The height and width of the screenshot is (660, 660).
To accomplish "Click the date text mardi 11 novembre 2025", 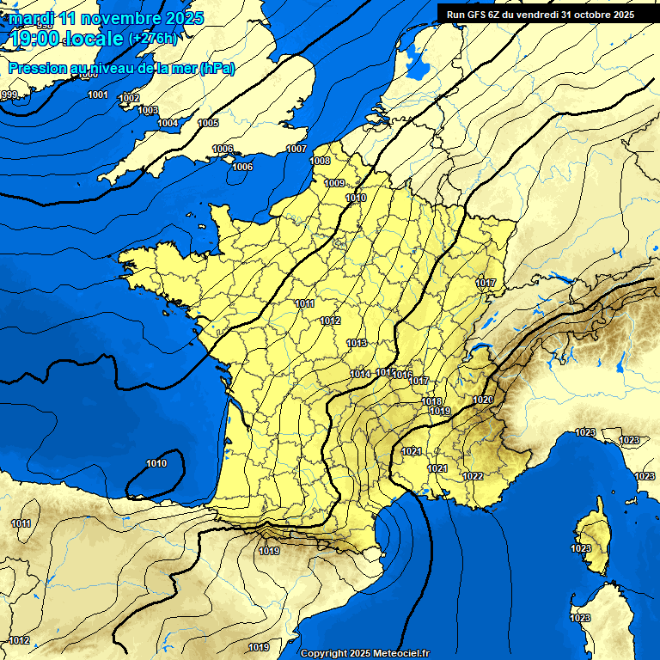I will [107, 18].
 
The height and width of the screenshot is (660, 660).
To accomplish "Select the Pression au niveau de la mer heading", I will [121, 69].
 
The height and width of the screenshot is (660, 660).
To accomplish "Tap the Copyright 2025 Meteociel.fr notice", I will [364, 653].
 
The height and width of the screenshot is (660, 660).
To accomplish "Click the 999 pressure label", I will [9, 95].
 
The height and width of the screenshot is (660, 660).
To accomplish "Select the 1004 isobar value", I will [168, 123].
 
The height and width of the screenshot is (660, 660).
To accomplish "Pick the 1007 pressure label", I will [296, 149].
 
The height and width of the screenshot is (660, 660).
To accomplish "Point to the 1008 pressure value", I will [320, 161].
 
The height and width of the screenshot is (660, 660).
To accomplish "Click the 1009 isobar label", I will [334, 183].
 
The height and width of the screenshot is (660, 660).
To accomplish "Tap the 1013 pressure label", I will [357, 343].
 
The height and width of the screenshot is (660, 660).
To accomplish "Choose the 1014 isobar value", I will [360, 374].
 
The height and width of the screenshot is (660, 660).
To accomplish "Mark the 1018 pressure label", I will [432, 401].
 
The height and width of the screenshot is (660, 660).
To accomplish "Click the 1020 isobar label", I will [481, 400].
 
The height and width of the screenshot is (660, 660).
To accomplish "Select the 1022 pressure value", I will [473, 476].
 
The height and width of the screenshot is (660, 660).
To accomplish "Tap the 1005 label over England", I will [208, 123].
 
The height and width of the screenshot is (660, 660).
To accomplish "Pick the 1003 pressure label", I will [148, 110].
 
